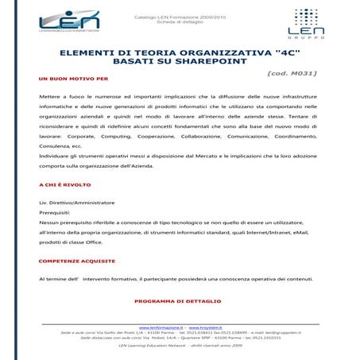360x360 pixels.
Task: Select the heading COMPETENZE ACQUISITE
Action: click(x=72, y=261)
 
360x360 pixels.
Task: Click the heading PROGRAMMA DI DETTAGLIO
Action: click(x=178, y=302)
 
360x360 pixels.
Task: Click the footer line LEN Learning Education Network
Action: click(x=180, y=346)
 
